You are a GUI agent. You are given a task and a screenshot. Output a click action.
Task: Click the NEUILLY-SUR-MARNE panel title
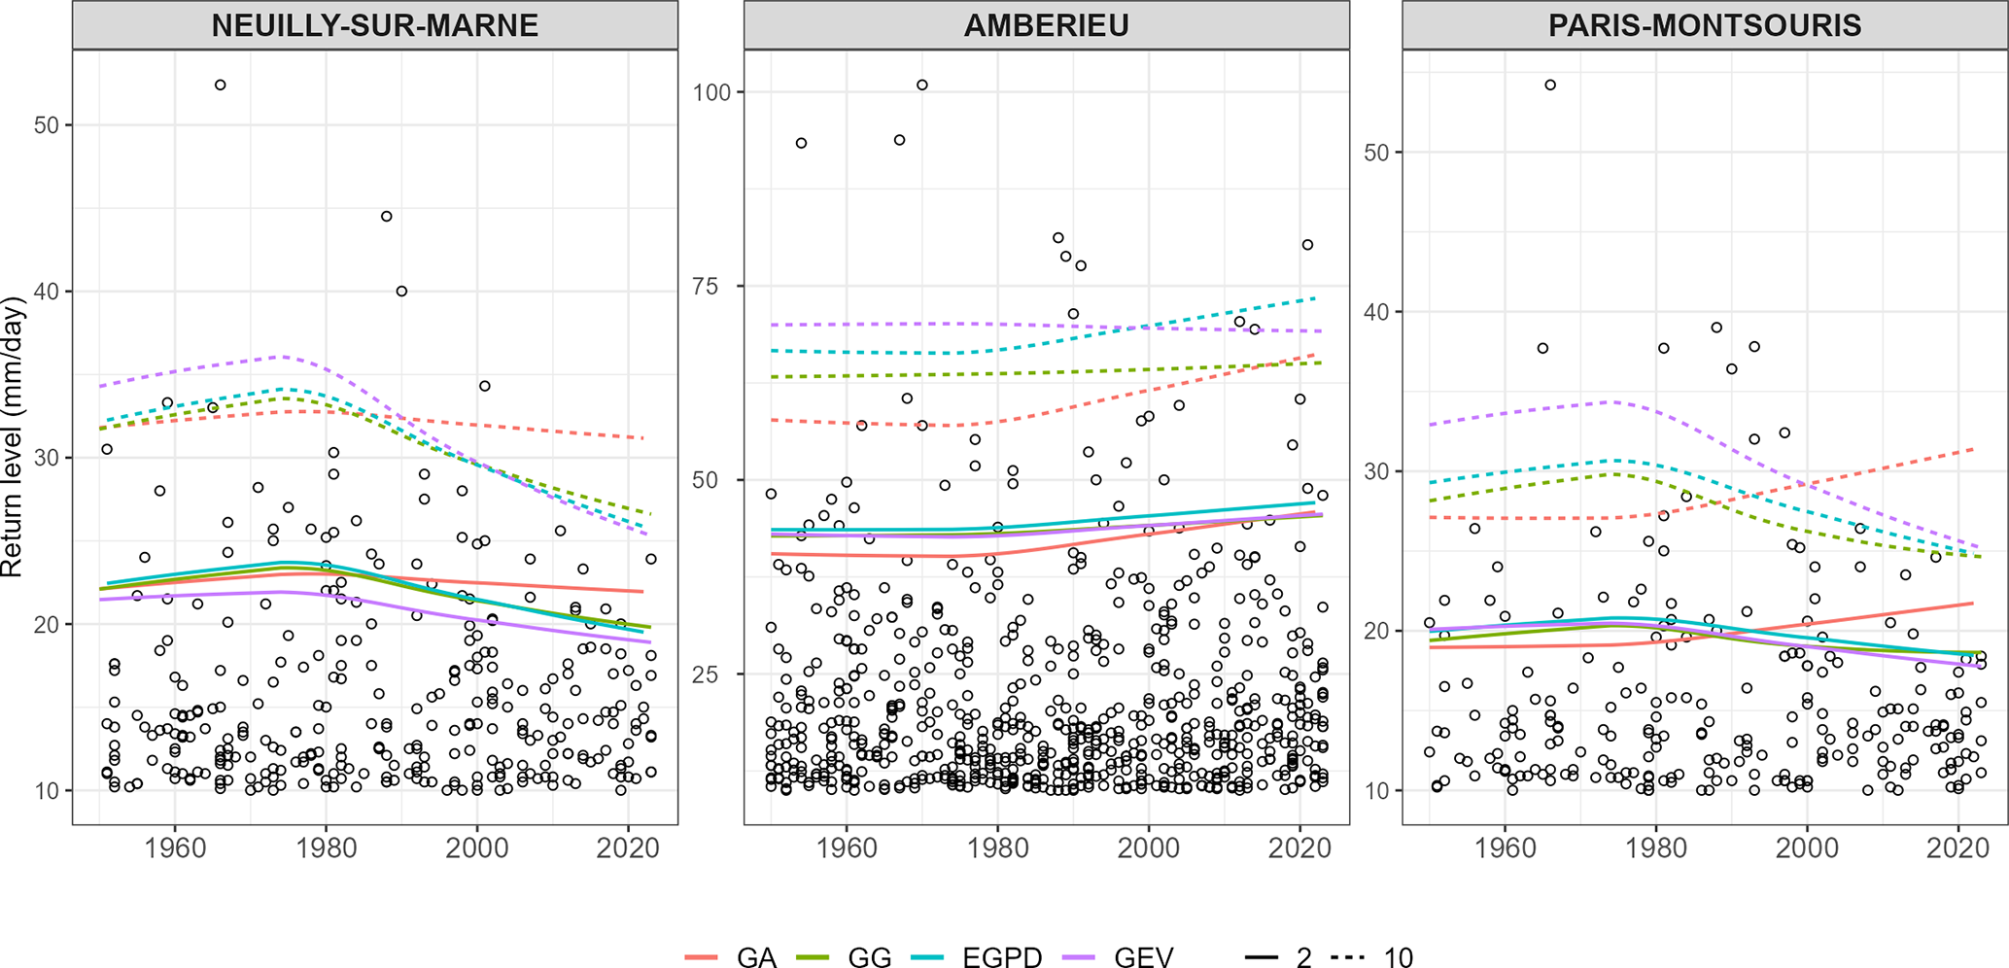[x=374, y=25]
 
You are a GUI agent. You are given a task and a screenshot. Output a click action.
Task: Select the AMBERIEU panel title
[x=1046, y=25]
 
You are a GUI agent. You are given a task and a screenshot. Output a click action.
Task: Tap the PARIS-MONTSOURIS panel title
[x=1705, y=25]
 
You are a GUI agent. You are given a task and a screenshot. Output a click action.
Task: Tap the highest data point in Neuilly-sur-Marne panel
[x=221, y=86]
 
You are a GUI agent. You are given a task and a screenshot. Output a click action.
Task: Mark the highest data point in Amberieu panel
[x=922, y=86]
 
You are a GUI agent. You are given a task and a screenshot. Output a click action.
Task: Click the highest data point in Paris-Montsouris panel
[x=1550, y=86]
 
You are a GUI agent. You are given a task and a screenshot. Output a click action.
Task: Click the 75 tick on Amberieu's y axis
[x=717, y=287]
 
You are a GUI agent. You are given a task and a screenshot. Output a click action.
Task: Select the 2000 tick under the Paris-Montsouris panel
[x=1807, y=847]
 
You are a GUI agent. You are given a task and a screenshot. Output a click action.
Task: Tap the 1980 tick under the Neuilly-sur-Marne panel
[x=326, y=847]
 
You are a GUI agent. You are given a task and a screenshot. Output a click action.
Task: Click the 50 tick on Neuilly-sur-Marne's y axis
[x=47, y=125]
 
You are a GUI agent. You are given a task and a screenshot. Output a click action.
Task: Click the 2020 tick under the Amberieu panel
[x=1299, y=847]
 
